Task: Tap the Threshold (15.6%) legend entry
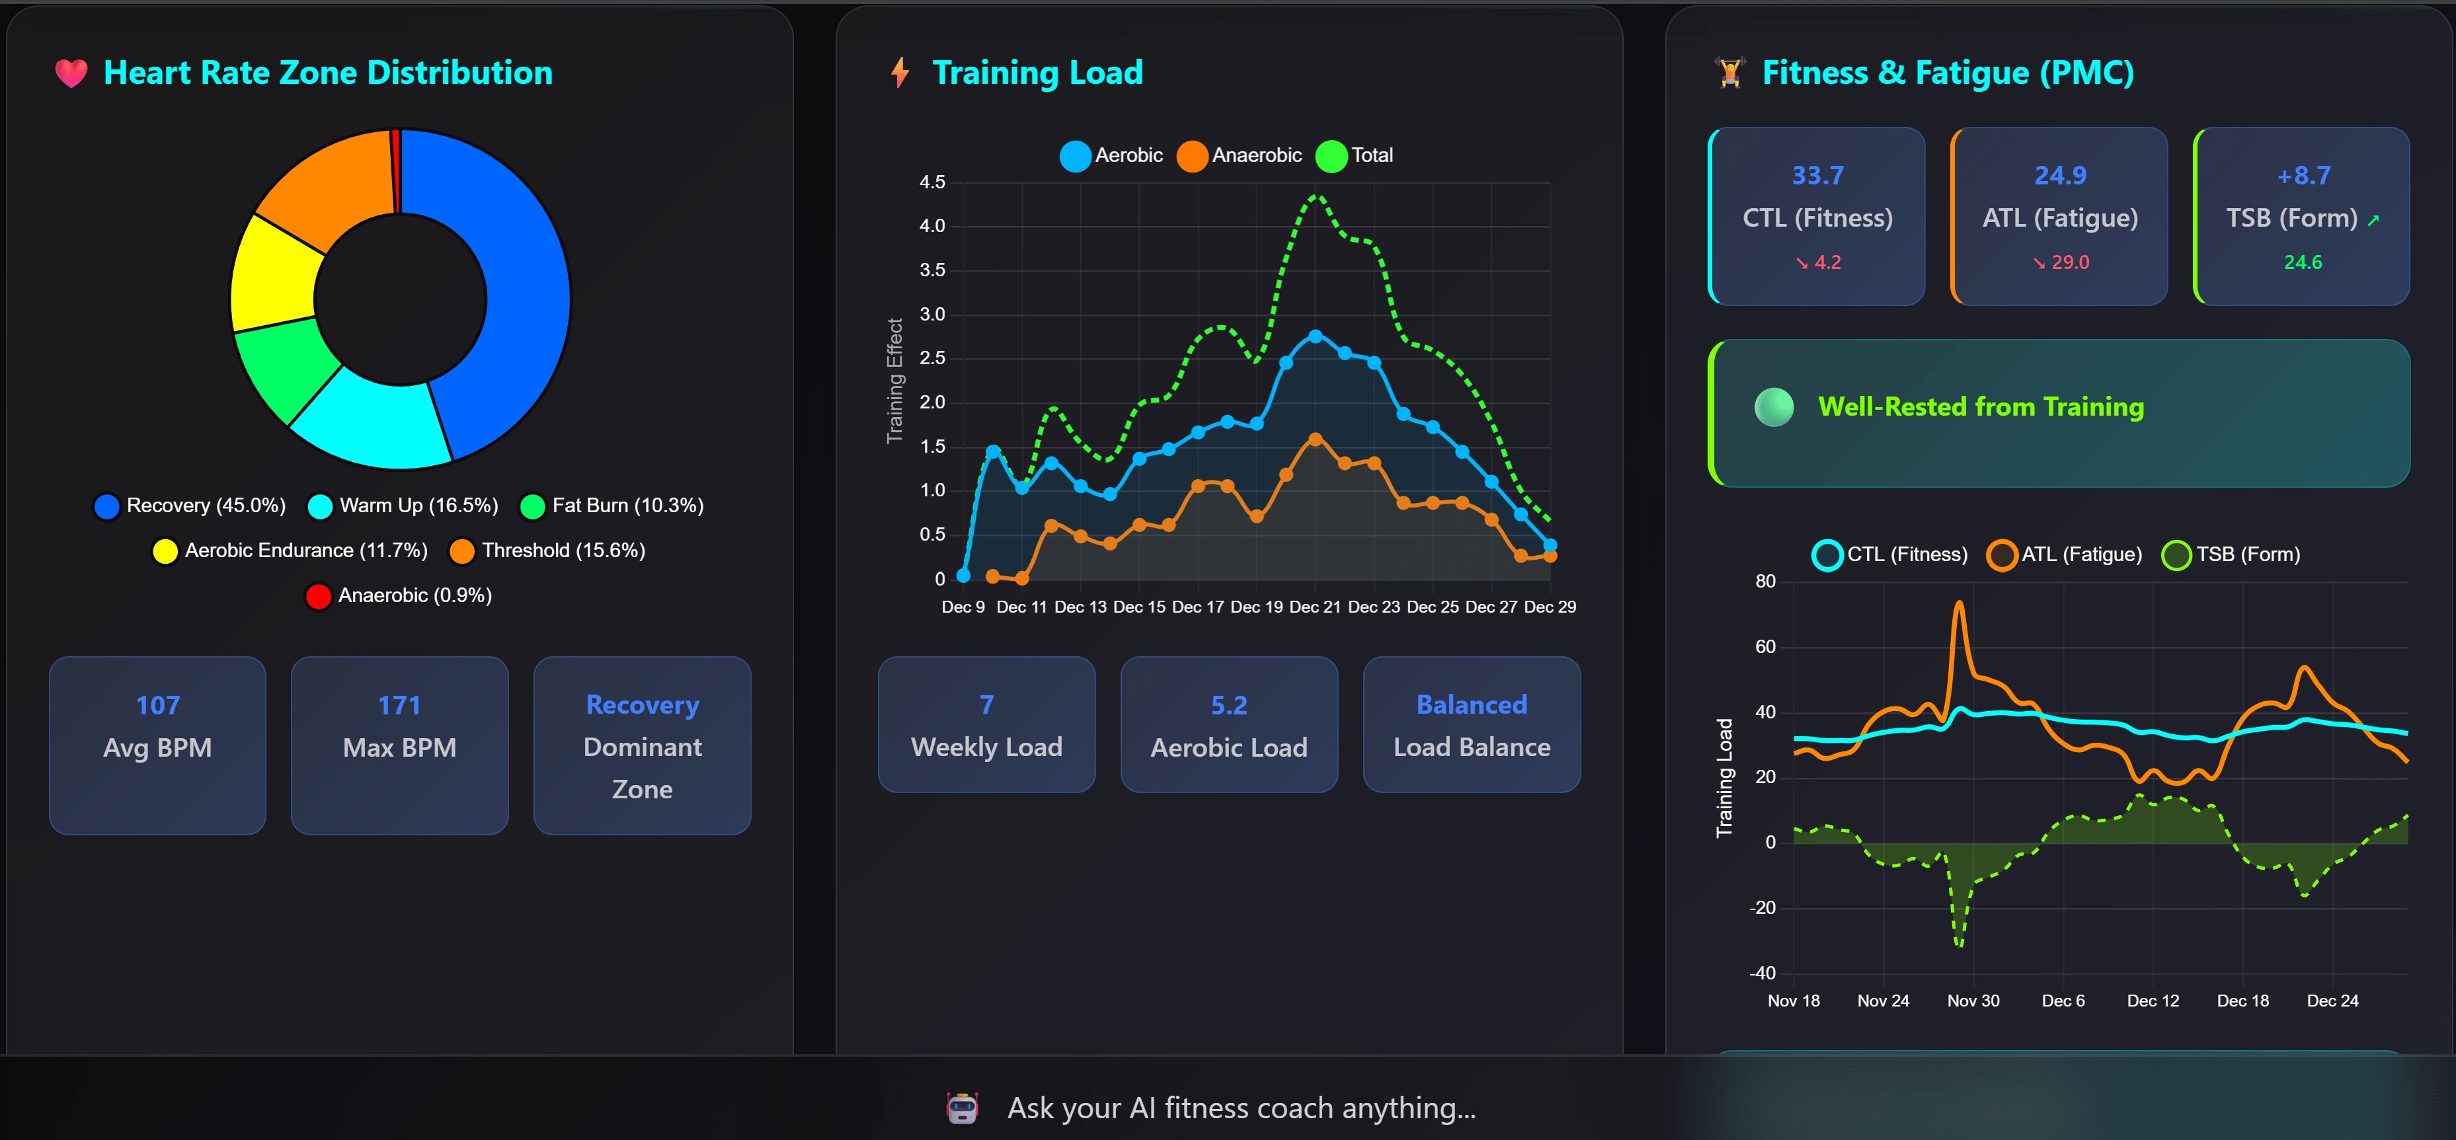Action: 547,551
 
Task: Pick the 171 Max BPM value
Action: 399,705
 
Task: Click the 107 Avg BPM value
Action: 157,705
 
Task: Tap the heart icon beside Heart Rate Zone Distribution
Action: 71,73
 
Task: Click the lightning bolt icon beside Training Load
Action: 899,73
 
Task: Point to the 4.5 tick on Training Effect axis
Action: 931,182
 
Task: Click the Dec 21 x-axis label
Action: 1315,607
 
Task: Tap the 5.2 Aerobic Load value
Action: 1229,705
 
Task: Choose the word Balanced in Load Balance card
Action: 1471,704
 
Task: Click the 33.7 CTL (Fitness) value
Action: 1817,175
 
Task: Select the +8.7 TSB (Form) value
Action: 2303,175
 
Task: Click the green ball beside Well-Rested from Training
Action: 1773,407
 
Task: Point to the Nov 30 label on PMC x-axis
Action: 1973,1001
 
